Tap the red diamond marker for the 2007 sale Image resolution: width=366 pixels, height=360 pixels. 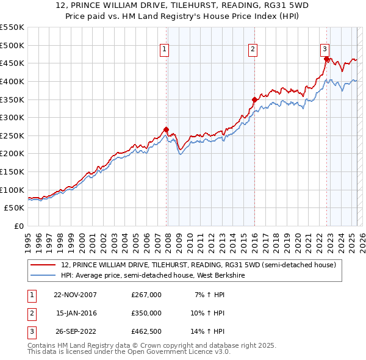(x=166, y=129)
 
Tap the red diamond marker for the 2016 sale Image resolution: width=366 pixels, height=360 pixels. (x=254, y=99)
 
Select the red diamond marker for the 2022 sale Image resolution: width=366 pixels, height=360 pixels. (x=326, y=59)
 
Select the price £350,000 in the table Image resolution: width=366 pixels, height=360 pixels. (x=146, y=313)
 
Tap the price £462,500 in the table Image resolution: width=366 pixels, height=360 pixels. (x=146, y=331)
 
